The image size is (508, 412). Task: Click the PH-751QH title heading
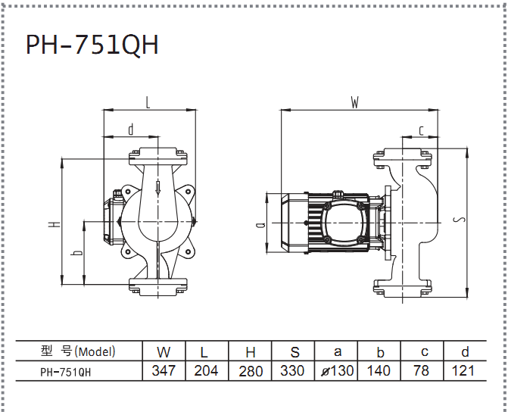[x=92, y=45]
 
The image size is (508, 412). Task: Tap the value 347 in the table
[x=164, y=370]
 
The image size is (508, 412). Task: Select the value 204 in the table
[x=207, y=370]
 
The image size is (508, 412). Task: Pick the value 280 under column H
[x=251, y=371]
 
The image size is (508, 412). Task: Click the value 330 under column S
[x=292, y=370]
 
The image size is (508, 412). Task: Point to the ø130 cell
[x=337, y=371]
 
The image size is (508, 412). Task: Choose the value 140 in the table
[x=379, y=370]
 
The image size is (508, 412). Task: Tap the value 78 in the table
[x=421, y=370]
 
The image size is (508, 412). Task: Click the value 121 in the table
[x=463, y=370]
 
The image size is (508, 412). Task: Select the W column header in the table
[x=164, y=352]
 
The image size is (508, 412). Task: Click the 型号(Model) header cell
[x=79, y=351]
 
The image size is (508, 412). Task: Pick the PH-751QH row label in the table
[x=66, y=372]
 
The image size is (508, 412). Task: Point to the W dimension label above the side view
[x=355, y=103]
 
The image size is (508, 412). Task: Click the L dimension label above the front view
[x=148, y=103]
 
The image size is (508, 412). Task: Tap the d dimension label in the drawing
[x=131, y=130]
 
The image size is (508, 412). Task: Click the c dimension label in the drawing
[x=421, y=131]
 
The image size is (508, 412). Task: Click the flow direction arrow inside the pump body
[x=157, y=189]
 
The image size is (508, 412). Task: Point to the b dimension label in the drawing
[x=76, y=252]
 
